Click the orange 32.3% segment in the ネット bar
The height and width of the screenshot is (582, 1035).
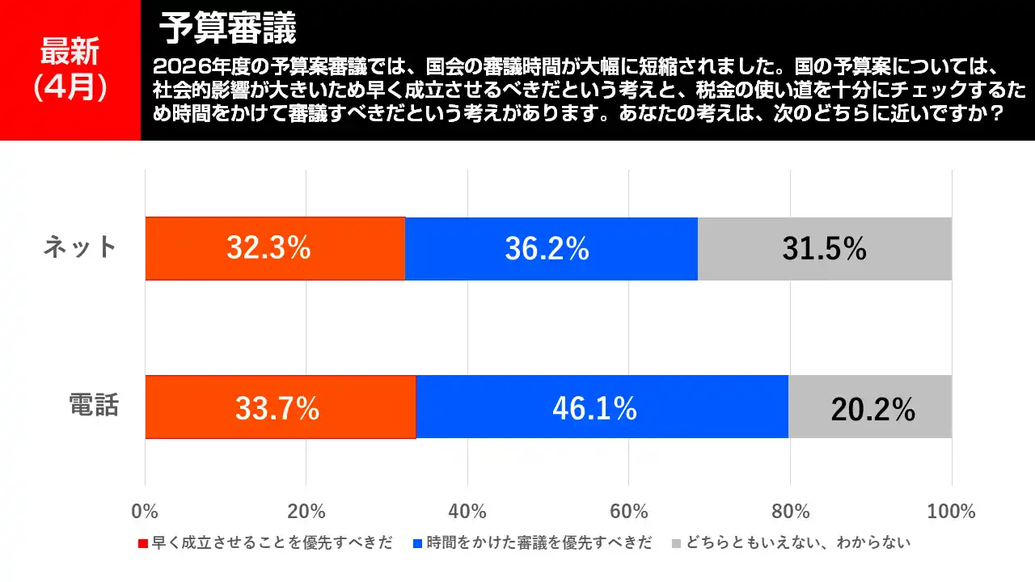pos(275,249)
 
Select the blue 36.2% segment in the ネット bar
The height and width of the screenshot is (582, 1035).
pos(551,249)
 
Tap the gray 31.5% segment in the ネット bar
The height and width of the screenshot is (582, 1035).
pos(824,249)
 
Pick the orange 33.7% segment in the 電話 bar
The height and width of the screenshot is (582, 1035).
pos(280,407)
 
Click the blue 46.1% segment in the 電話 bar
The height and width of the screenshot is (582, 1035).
pos(602,407)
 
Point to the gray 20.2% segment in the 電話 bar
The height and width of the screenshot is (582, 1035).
pos(870,407)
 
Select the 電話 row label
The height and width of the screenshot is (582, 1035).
pos(94,405)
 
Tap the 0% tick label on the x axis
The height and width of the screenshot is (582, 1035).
pos(145,512)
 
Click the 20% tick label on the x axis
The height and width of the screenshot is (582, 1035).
pos(306,512)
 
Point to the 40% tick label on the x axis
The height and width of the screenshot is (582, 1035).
pos(467,512)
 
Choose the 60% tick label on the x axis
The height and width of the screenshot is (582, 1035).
pos(629,512)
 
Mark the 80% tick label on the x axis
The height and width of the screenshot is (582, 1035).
pos(790,512)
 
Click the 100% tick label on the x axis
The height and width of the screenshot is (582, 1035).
pos(951,512)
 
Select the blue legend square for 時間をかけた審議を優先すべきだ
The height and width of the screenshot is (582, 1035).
pos(418,543)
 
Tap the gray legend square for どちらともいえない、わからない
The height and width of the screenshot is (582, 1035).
pos(677,543)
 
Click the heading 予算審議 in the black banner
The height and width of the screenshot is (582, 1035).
pos(228,29)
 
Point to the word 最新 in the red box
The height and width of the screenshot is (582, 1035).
pos(70,53)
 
